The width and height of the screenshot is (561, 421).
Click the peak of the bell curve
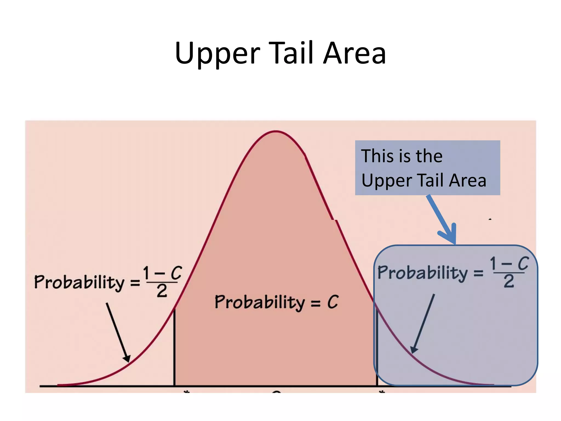pos(276,132)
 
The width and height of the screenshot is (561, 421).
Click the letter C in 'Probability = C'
pos(333,302)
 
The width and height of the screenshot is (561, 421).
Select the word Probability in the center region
pos(260,302)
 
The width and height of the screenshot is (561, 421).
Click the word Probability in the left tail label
pos(79,282)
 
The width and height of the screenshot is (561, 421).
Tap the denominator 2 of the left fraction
pos(162,291)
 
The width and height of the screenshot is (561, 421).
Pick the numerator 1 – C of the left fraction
pos(162,273)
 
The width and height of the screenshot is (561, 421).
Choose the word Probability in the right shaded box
pos(423,273)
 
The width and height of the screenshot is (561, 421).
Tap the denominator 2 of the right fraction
pos(509,281)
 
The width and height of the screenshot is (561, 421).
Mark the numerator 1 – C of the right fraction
pos(509,264)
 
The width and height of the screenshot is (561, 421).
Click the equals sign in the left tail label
pos(135,283)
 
